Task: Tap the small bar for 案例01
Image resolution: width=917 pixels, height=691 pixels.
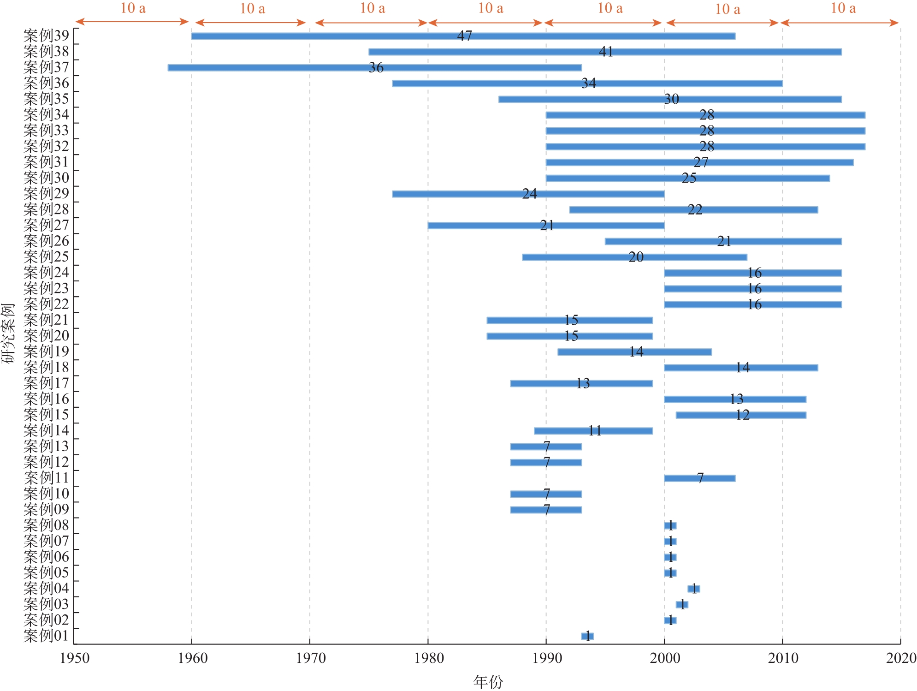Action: [587, 636]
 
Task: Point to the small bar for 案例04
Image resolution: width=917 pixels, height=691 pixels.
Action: [693, 589]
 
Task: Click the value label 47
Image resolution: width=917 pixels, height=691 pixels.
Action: [464, 36]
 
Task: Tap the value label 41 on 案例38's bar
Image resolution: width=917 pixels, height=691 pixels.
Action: [606, 52]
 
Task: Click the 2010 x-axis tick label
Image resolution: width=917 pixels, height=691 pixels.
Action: [783, 658]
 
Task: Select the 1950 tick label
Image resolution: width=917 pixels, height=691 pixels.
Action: [75, 658]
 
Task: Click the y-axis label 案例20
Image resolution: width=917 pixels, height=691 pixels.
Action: [46, 336]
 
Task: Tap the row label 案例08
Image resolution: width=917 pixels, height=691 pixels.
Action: [46, 525]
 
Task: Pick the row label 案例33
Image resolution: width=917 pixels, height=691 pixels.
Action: [46, 131]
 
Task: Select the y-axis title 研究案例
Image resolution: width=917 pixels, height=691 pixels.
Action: [8, 333]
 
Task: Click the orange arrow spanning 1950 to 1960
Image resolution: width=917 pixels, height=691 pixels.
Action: [132, 22]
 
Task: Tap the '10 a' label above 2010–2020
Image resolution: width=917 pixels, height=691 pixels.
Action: [843, 8]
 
